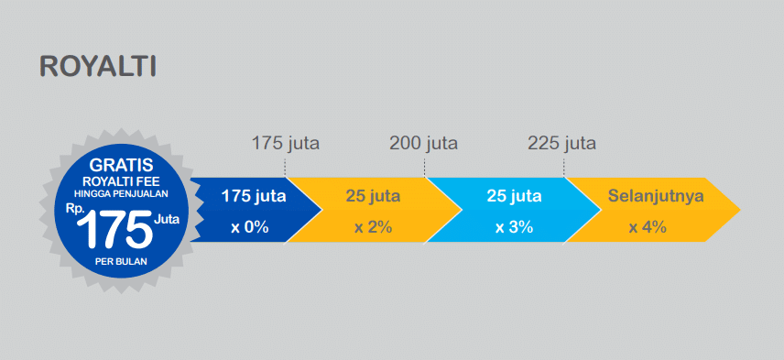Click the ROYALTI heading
pos(98,67)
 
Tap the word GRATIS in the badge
pos(120,167)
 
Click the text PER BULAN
pos(120,261)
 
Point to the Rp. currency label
pos(76,208)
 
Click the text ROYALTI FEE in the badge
pos(120,180)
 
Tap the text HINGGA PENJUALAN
pos(120,192)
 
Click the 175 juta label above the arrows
pos(286,143)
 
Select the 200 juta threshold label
pos(423,143)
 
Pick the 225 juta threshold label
pos(562,143)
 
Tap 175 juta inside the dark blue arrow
pos(253,196)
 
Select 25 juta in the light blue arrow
pos(514,196)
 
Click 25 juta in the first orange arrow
pos(373,196)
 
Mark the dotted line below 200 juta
pos(424,166)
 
